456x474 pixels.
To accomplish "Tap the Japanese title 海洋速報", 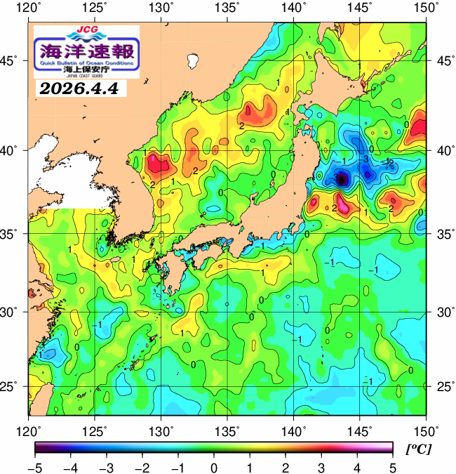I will coord(86,51).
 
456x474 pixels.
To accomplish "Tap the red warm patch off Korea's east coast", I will coord(159,164).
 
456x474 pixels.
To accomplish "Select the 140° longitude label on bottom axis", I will coord(294,430).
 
